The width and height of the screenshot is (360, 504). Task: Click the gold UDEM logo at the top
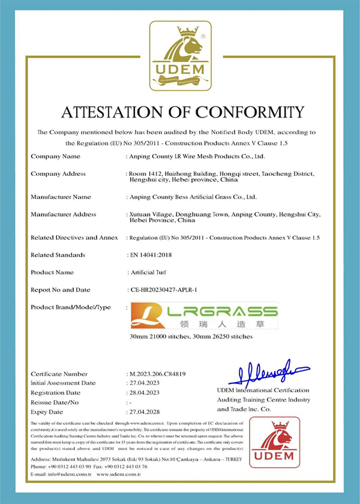pyautogui.click(x=180, y=55)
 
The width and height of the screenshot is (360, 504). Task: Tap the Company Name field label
pyautogui.click(x=55, y=156)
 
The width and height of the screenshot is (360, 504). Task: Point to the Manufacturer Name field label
pyautogui.click(x=61, y=196)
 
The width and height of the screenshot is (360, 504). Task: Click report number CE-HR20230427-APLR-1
pyautogui.click(x=171, y=290)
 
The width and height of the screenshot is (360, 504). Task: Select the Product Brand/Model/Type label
pyautogui.click(x=71, y=307)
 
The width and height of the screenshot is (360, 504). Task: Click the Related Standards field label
pyautogui.click(x=58, y=254)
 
